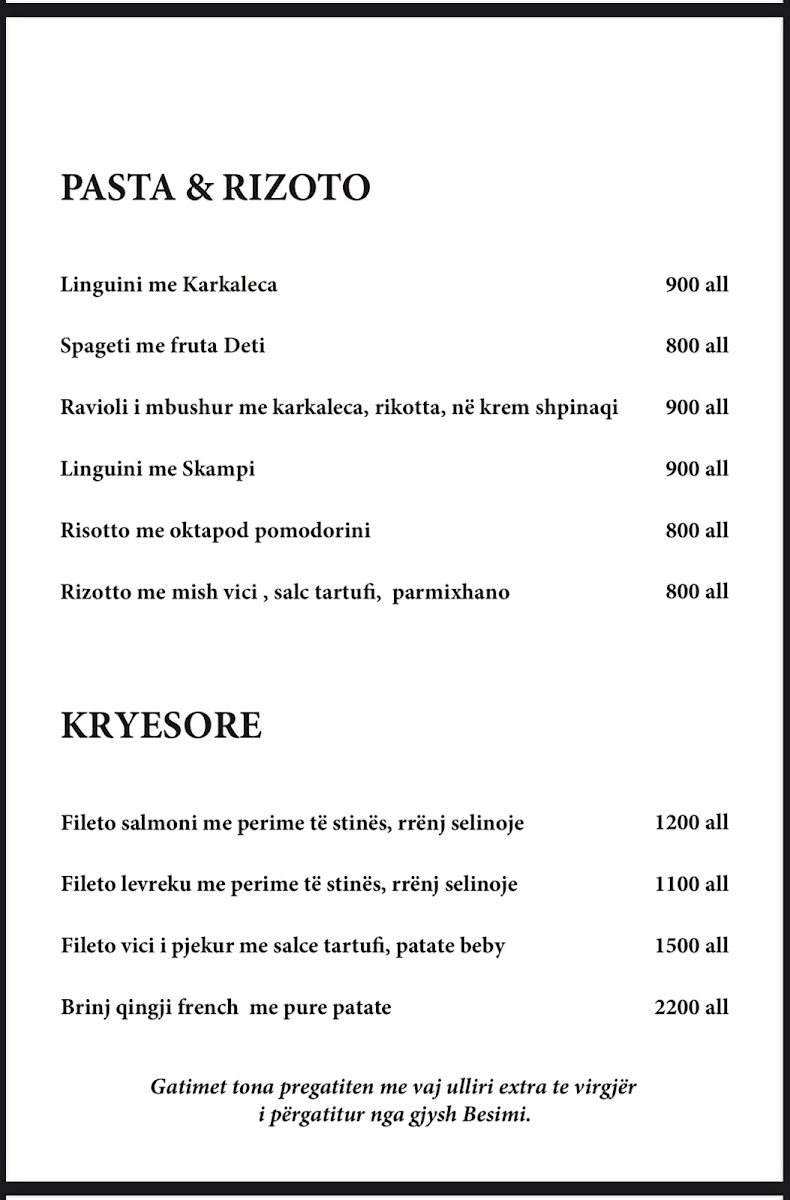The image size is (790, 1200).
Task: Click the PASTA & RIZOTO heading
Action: [x=215, y=188]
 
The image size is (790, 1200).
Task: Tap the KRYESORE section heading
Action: [x=161, y=726]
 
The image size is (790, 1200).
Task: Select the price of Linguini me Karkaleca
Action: [x=697, y=284]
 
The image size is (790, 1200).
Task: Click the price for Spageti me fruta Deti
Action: [x=697, y=346]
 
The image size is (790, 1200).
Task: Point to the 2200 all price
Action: [x=691, y=1007]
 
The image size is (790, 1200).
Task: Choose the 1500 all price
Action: [x=691, y=946]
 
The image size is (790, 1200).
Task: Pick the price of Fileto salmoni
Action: [x=691, y=823]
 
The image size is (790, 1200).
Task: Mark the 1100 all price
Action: [x=691, y=884]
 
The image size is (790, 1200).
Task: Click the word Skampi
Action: [x=218, y=469]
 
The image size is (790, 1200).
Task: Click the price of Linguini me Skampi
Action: [x=697, y=469]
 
